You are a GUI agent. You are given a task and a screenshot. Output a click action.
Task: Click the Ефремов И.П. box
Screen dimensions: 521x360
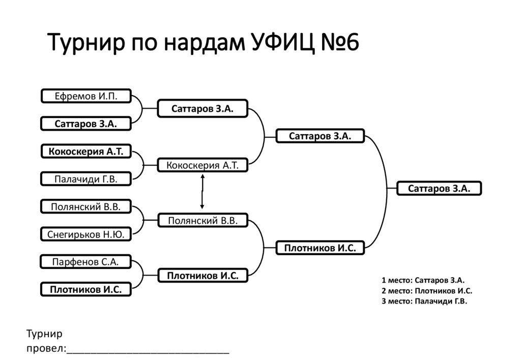click(x=86, y=96)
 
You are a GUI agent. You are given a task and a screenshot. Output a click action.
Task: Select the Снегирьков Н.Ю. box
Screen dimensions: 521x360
click(x=86, y=234)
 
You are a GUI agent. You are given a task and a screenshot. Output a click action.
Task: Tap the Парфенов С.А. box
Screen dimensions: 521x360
click(x=85, y=262)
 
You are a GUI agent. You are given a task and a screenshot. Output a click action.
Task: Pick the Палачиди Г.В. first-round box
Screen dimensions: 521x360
click(x=86, y=179)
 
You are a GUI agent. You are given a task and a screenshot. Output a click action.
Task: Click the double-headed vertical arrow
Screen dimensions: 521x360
click(x=202, y=192)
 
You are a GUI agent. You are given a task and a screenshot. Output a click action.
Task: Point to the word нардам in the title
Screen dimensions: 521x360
click(x=205, y=43)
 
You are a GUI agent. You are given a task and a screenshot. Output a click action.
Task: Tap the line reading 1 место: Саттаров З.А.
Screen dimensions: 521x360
click(x=423, y=280)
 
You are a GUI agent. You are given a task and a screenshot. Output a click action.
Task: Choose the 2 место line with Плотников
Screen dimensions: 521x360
click(x=427, y=291)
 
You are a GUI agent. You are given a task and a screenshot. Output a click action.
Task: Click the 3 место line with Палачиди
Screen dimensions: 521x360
click(x=424, y=301)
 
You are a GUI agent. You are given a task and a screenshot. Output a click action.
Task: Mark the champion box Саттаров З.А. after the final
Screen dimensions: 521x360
click(x=439, y=188)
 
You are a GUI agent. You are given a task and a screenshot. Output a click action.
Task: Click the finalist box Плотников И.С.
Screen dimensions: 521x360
click(x=321, y=248)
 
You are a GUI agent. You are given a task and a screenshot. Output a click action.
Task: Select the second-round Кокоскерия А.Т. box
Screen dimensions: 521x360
click(x=202, y=165)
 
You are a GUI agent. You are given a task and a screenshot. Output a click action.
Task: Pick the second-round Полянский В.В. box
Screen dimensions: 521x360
click(x=202, y=220)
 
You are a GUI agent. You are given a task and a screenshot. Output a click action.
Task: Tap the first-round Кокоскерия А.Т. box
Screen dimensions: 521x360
click(x=86, y=152)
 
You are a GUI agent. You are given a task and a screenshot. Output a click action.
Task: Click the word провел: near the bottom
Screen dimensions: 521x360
click(x=46, y=349)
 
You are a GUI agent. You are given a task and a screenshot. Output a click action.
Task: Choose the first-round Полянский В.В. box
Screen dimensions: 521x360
click(x=86, y=206)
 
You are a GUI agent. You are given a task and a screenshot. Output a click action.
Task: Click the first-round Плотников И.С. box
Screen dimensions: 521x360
click(x=86, y=290)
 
